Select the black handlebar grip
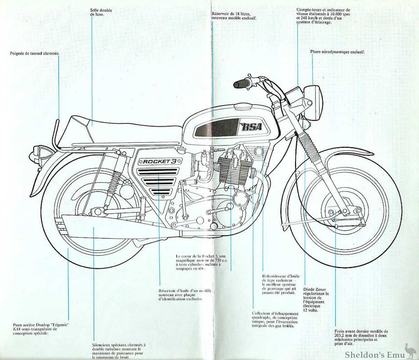pyautogui.click(x=240, y=84)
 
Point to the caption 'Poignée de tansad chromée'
pyautogui.click(x=35, y=53)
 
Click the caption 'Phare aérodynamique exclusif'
pyautogui.click(x=337, y=52)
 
